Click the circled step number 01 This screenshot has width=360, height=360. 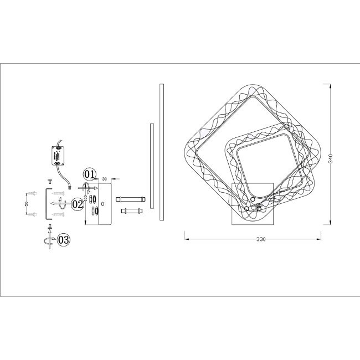[90, 174]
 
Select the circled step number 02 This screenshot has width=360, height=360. [78, 204]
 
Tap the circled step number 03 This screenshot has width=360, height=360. [63, 240]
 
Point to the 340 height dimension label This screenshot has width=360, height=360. [331, 158]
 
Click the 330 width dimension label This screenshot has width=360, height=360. [261, 239]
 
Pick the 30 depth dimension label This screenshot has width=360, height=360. [105, 179]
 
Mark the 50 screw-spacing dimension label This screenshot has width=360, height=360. [26, 204]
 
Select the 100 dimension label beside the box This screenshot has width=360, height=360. [85, 198]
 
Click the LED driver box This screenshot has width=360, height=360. [58, 156]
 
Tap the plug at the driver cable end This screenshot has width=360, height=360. [70, 188]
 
